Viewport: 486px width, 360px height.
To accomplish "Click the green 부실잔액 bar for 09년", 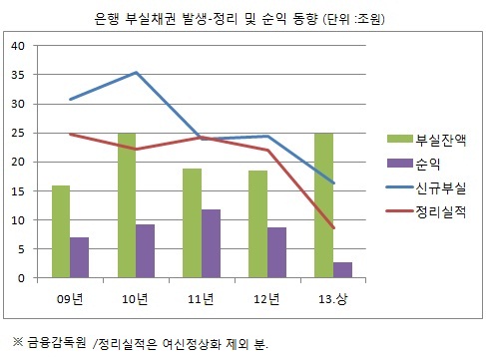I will click(61, 231).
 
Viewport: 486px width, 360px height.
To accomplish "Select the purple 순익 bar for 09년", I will click(79, 257).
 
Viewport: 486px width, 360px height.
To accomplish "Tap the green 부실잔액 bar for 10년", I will click(126, 205).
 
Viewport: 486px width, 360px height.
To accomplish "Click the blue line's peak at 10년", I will click(135, 73).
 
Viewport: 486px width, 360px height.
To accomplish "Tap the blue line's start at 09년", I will click(70, 99).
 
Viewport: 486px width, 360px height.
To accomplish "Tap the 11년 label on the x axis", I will click(201, 296).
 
